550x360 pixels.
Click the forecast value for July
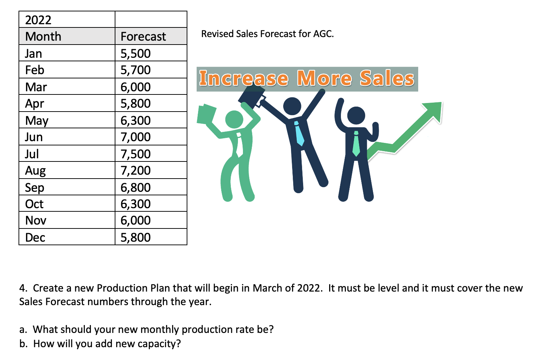tap(136, 154)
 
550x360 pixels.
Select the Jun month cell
tap(34, 137)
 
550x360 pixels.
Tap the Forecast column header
tap(143, 36)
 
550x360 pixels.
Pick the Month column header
tap(43, 36)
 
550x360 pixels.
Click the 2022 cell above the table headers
tap(38, 20)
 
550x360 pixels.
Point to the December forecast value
tap(136, 237)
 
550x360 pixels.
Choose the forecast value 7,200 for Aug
tap(136, 170)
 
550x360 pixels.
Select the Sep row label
tap(35, 187)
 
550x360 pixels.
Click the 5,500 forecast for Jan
tap(136, 53)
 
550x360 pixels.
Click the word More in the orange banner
tap(324, 78)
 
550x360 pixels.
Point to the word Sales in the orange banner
tap(387, 78)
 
